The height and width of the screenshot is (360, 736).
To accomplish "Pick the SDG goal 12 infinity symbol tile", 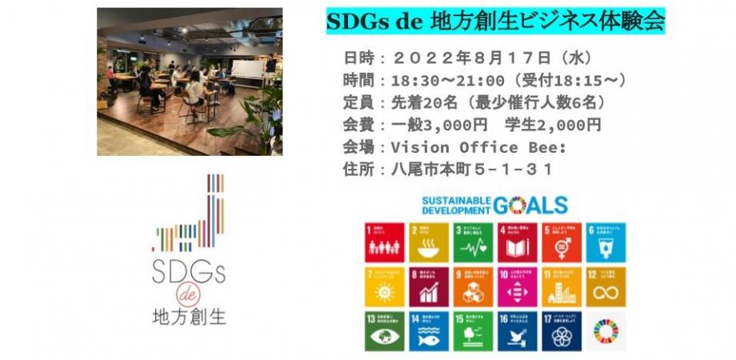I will [606, 287].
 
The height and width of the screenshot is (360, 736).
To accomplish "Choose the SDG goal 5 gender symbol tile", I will [562, 242].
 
